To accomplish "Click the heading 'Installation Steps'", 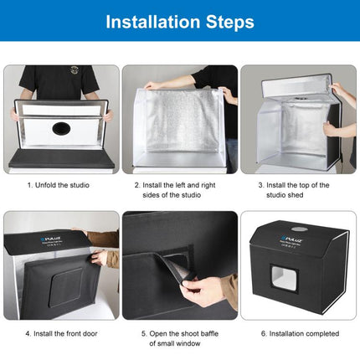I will (179, 22).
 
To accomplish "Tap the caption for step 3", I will (299, 189).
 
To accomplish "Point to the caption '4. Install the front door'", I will (59, 333).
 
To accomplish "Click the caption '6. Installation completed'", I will (299, 333).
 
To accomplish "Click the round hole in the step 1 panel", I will (60, 130).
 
